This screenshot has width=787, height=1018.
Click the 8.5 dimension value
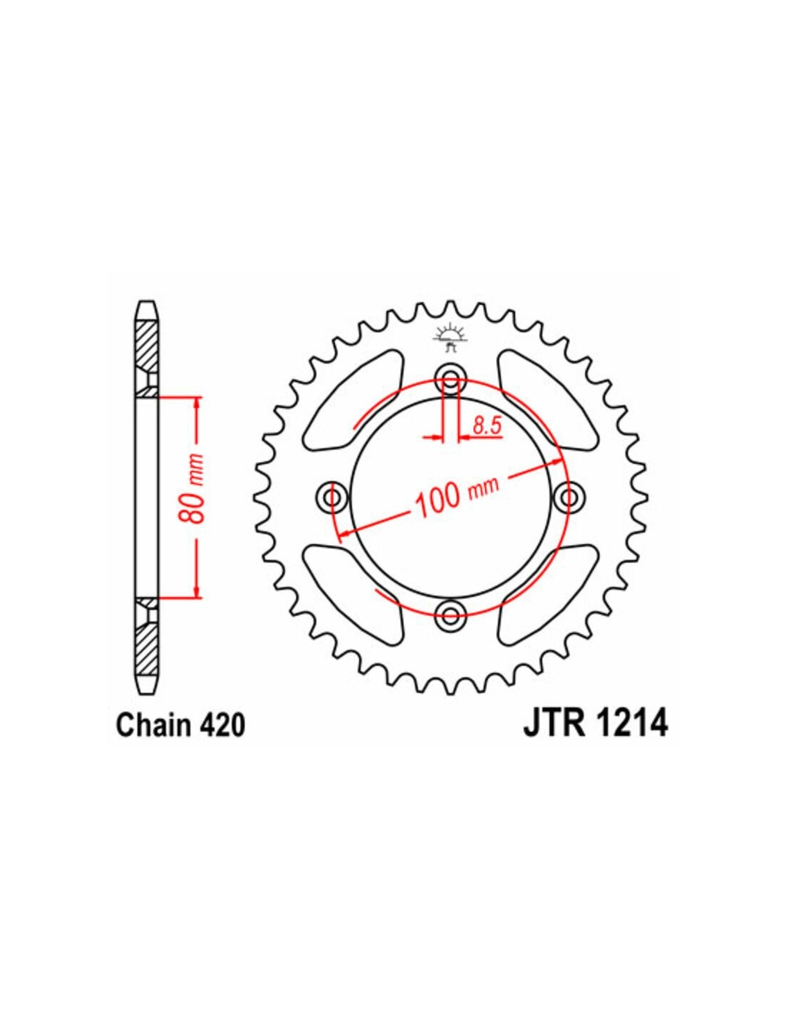(x=486, y=427)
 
